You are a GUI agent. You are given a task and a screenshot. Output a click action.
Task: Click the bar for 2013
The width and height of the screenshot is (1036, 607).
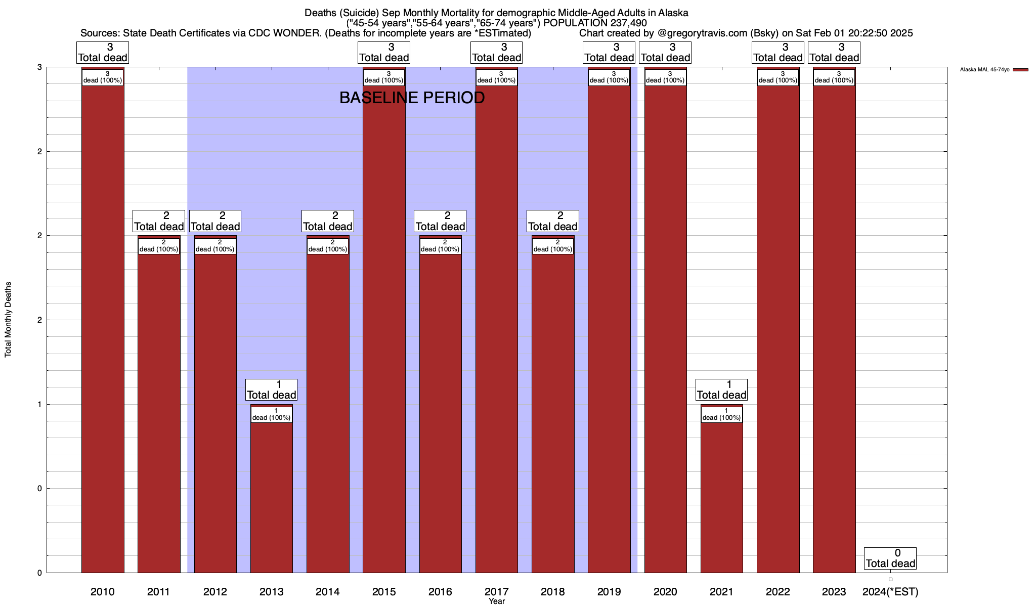coord(271,496)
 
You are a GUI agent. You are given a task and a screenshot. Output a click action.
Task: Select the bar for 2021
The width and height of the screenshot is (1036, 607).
coord(721,496)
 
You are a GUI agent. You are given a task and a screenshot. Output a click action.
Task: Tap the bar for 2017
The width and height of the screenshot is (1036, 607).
coord(496,329)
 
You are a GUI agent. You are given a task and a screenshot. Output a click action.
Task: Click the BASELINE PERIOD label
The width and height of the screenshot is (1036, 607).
coord(412,98)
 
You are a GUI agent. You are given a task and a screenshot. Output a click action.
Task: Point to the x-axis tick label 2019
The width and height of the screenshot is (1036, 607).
coord(609,591)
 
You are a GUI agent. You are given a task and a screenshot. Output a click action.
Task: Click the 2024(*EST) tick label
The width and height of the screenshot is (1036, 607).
coord(890,591)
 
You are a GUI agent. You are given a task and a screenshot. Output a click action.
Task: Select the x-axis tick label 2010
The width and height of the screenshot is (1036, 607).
coord(103,591)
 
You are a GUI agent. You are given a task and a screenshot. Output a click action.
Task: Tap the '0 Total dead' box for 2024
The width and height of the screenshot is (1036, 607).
coord(890,558)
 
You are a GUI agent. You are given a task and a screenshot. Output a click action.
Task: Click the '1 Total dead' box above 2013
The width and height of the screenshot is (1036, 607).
coord(271,390)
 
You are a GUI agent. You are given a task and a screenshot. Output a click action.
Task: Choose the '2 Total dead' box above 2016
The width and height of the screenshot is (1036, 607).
coord(440,221)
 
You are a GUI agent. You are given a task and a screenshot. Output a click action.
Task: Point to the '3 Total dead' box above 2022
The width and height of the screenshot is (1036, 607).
coord(778,53)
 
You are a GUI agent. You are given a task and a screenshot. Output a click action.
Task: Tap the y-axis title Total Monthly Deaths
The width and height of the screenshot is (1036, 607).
coord(8,320)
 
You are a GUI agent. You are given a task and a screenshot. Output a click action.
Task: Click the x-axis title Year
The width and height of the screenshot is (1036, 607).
coord(497,601)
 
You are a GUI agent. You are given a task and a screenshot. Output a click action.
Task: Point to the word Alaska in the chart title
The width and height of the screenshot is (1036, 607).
coord(673,13)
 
